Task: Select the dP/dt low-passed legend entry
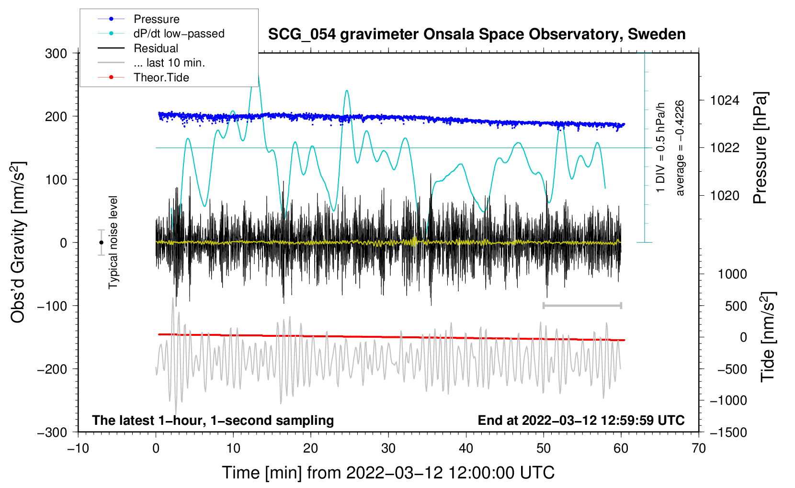(179, 33)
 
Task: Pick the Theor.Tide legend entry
(161, 78)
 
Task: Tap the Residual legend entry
(156, 48)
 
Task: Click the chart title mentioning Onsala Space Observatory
(477, 34)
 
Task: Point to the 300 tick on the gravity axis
(56, 54)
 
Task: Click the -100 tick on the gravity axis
(52, 306)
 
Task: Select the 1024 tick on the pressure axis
(725, 100)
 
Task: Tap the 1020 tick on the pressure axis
(725, 195)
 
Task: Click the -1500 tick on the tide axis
(728, 432)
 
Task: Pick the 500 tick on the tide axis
(736, 306)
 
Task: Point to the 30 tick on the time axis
(388, 448)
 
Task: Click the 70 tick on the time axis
(699, 448)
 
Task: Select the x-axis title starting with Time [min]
(388, 473)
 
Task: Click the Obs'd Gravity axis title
(18, 243)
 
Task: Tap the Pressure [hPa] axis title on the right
(760, 148)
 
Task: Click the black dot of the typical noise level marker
(101, 243)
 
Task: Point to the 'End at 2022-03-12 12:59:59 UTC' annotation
(581, 420)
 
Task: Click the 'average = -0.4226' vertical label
(680, 148)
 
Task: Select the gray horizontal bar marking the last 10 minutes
(582, 305)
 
